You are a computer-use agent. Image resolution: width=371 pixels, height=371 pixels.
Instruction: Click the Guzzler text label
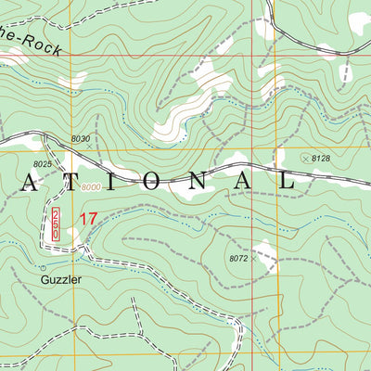pyautogui.click(x=61, y=277)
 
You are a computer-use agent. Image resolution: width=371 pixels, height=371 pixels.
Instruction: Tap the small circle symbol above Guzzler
pyautogui.click(x=44, y=267)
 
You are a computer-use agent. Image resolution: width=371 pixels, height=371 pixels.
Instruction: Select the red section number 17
pyautogui.click(x=87, y=220)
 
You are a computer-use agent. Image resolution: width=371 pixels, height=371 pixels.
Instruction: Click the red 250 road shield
pyautogui.click(x=56, y=226)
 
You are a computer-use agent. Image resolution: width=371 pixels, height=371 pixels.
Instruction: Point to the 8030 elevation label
pyautogui.click(x=81, y=139)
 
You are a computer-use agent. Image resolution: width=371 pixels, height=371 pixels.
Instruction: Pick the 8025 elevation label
pyautogui.click(x=42, y=164)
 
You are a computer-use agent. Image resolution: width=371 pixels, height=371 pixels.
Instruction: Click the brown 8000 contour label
pyautogui.click(x=90, y=189)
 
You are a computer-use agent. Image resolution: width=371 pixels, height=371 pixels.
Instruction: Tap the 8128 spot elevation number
pyautogui.click(x=321, y=159)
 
